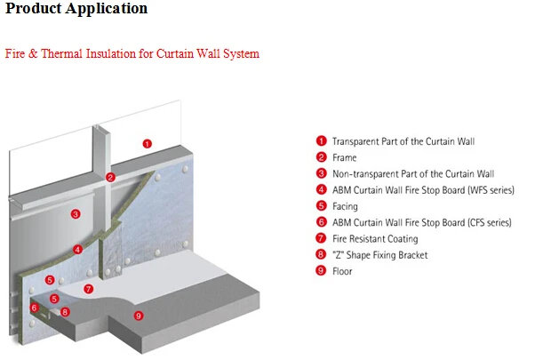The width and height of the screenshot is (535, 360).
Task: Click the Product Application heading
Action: [x=76, y=9]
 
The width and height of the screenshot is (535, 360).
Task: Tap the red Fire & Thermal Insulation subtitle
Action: [x=132, y=54]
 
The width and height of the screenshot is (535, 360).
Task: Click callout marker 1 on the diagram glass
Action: [x=148, y=143]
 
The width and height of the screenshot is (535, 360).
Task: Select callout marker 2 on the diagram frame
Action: [x=110, y=177]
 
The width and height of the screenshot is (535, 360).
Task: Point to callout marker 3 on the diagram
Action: [x=76, y=213]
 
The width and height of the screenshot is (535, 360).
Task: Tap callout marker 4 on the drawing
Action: [x=78, y=250]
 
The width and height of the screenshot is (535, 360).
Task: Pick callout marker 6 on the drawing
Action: [x=35, y=308]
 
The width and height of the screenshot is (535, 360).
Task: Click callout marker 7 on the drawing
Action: [x=88, y=289]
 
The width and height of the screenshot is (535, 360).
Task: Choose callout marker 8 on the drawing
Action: [x=65, y=312]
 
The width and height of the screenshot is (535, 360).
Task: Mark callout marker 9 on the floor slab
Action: [x=138, y=316]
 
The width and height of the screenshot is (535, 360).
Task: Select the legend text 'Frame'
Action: [x=345, y=157]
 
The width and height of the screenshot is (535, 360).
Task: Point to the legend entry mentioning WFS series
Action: [x=423, y=189]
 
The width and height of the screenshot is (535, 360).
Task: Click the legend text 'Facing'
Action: [x=345, y=206]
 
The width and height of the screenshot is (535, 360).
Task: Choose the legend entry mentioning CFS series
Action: [x=422, y=222]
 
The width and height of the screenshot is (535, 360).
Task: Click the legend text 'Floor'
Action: [x=342, y=271]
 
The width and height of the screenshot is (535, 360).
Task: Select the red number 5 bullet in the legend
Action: [x=321, y=206]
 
